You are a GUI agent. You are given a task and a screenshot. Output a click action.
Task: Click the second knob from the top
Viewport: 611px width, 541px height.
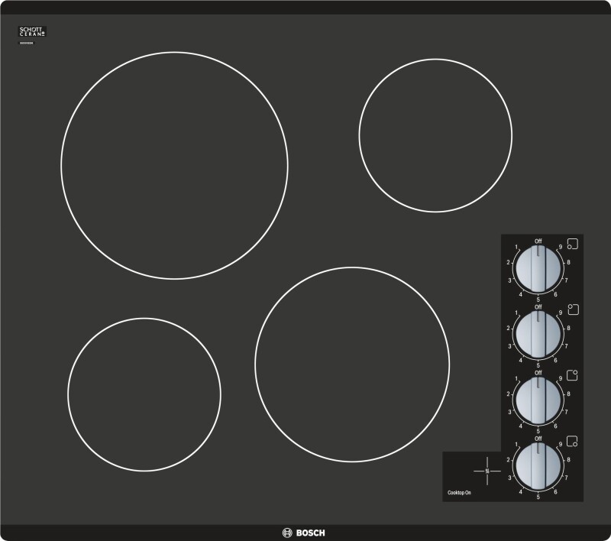(538, 332)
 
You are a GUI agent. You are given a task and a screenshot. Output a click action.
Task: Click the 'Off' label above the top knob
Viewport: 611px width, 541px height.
(538, 240)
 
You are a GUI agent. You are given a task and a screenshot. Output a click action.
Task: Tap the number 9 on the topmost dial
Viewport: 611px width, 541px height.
(561, 247)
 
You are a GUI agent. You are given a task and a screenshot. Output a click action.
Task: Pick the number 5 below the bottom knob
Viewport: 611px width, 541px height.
(538, 497)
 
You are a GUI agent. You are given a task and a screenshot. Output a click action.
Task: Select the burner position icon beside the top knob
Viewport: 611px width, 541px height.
(573, 245)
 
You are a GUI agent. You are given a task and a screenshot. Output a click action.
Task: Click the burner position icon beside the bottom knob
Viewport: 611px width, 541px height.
(573, 442)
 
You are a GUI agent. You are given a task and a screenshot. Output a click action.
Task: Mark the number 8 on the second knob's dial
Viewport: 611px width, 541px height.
(568, 328)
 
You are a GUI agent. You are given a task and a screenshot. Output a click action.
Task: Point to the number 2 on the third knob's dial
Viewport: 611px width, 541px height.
(508, 394)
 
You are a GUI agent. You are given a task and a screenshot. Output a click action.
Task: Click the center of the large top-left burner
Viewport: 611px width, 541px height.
(174, 166)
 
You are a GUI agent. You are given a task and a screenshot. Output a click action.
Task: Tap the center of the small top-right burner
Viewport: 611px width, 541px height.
(435, 135)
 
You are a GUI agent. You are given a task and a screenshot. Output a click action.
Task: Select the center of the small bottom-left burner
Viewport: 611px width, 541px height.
(144, 394)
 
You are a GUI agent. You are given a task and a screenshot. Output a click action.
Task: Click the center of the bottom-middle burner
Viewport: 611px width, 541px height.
(352, 364)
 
